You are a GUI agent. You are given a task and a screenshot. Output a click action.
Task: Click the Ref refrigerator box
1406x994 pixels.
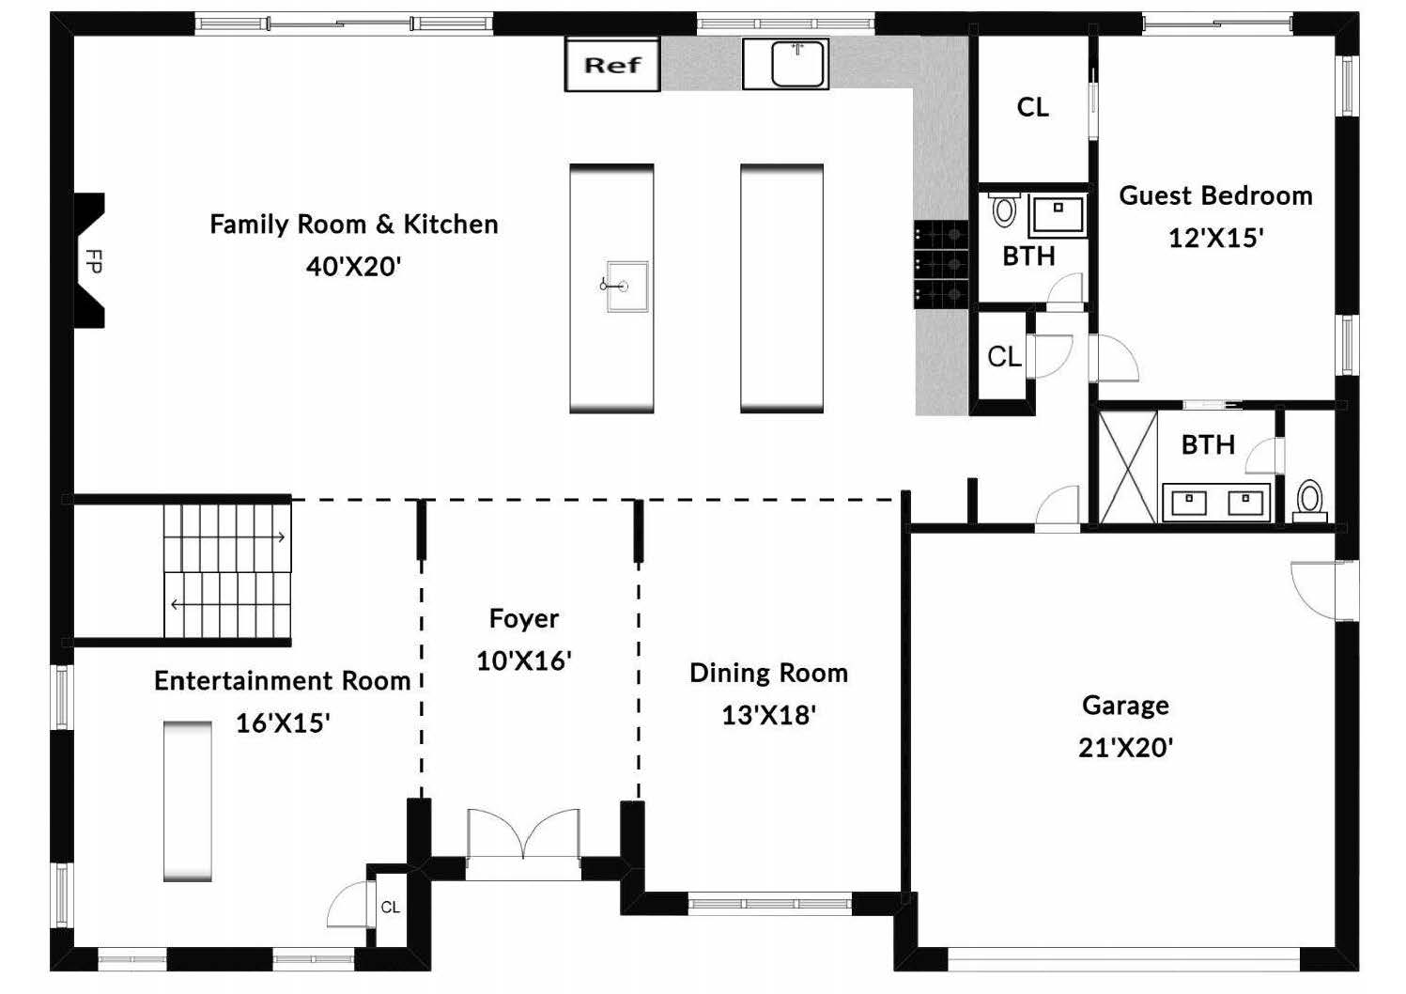[x=612, y=64]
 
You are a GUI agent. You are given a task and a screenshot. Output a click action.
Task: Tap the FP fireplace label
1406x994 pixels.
[x=93, y=261]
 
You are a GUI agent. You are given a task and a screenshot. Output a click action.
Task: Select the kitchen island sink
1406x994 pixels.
[x=626, y=287]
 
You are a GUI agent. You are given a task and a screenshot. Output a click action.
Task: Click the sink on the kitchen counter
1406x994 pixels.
[x=786, y=64]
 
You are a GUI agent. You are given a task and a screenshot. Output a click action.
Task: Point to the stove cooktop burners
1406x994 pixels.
[x=940, y=264]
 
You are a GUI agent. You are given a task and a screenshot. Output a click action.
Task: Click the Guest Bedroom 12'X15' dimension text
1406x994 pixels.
[x=1215, y=239]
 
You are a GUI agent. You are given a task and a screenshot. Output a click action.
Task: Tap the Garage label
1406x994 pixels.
[x=1125, y=706]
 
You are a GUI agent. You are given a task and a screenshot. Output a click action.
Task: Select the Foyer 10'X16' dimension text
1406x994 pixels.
[x=523, y=660]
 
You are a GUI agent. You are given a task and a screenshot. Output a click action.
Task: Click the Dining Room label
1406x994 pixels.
[x=769, y=673]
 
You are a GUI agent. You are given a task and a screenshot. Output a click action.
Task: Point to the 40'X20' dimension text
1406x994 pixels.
[x=353, y=267]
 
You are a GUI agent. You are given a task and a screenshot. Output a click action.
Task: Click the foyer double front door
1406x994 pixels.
[x=523, y=834]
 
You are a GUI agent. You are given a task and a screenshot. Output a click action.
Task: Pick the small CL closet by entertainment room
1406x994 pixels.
[x=390, y=907]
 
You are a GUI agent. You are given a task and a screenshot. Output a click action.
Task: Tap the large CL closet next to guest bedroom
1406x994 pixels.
[x=1032, y=107]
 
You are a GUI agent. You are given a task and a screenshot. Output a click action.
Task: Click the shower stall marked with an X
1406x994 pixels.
[x=1128, y=467]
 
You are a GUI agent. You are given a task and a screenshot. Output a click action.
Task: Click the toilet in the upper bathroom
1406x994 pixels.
[x=1004, y=210]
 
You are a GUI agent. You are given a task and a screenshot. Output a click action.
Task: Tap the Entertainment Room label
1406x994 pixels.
[x=283, y=680]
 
